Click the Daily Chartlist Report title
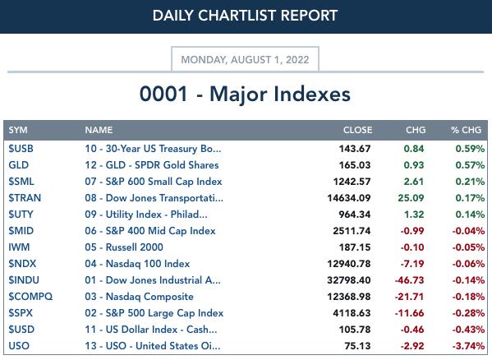point(245,16)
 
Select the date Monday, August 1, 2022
point(245,60)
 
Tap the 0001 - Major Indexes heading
point(245,94)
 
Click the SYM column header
point(18,130)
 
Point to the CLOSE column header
point(357,130)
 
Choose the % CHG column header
point(466,130)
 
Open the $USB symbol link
point(21,149)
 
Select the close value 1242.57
point(352,182)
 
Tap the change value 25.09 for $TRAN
point(411,198)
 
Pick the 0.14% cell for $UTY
point(470,215)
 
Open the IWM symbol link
point(19,247)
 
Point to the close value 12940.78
point(349,264)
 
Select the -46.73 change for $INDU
point(410,280)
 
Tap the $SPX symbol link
point(21,313)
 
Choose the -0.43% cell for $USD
point(468,330)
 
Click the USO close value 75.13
point(357,346)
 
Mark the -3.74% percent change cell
point(468,346)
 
